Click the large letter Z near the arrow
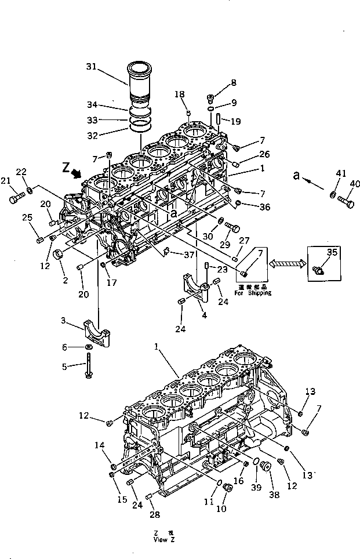pos(66,168)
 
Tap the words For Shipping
pos(253,293)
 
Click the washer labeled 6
pos(88,347)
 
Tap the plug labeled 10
pos(227,489)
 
